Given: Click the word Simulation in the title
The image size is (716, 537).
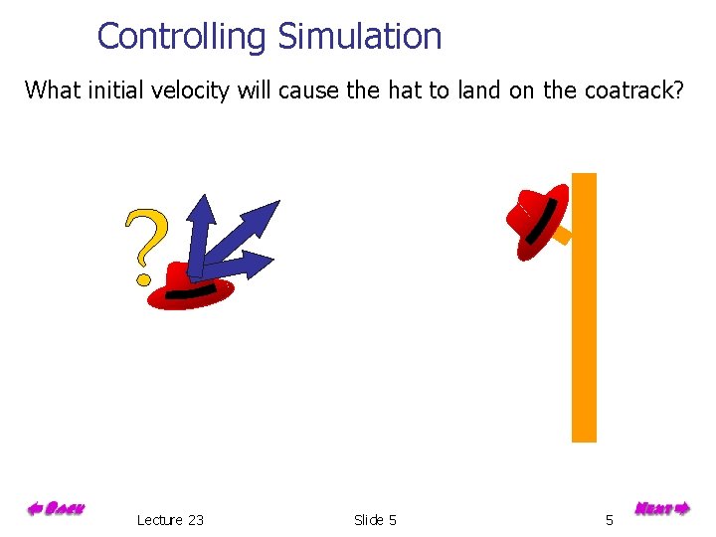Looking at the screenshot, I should point(359,37).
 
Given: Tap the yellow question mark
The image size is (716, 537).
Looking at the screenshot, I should point(145,245).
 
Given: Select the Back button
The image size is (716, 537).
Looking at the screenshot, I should point(56,509).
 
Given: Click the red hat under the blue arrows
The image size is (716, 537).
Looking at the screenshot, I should point(190,288).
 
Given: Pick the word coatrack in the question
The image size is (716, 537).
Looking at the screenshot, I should point(629,90).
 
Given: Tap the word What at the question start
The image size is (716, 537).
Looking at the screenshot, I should point(53,90).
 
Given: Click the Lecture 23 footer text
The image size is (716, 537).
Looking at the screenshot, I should point(170,520).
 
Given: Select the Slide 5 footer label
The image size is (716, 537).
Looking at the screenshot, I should point(375,520).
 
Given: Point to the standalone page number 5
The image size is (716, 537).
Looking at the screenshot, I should point(610,520).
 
